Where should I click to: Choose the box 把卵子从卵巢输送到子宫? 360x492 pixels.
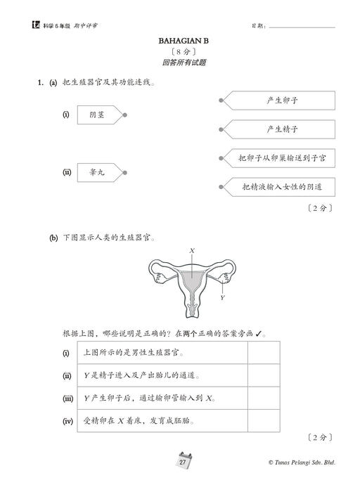[281, 158]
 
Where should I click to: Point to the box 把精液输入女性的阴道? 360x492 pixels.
[281, 187]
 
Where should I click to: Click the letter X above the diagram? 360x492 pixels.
[192, 250]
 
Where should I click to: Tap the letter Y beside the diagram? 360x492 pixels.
[222, 297]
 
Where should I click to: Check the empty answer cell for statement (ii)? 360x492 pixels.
[263, 376]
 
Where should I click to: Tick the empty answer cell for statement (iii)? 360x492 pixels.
[263, 399]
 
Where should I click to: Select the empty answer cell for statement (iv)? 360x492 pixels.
[263, 421]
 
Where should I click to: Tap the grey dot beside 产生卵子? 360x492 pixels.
[221, 101]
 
